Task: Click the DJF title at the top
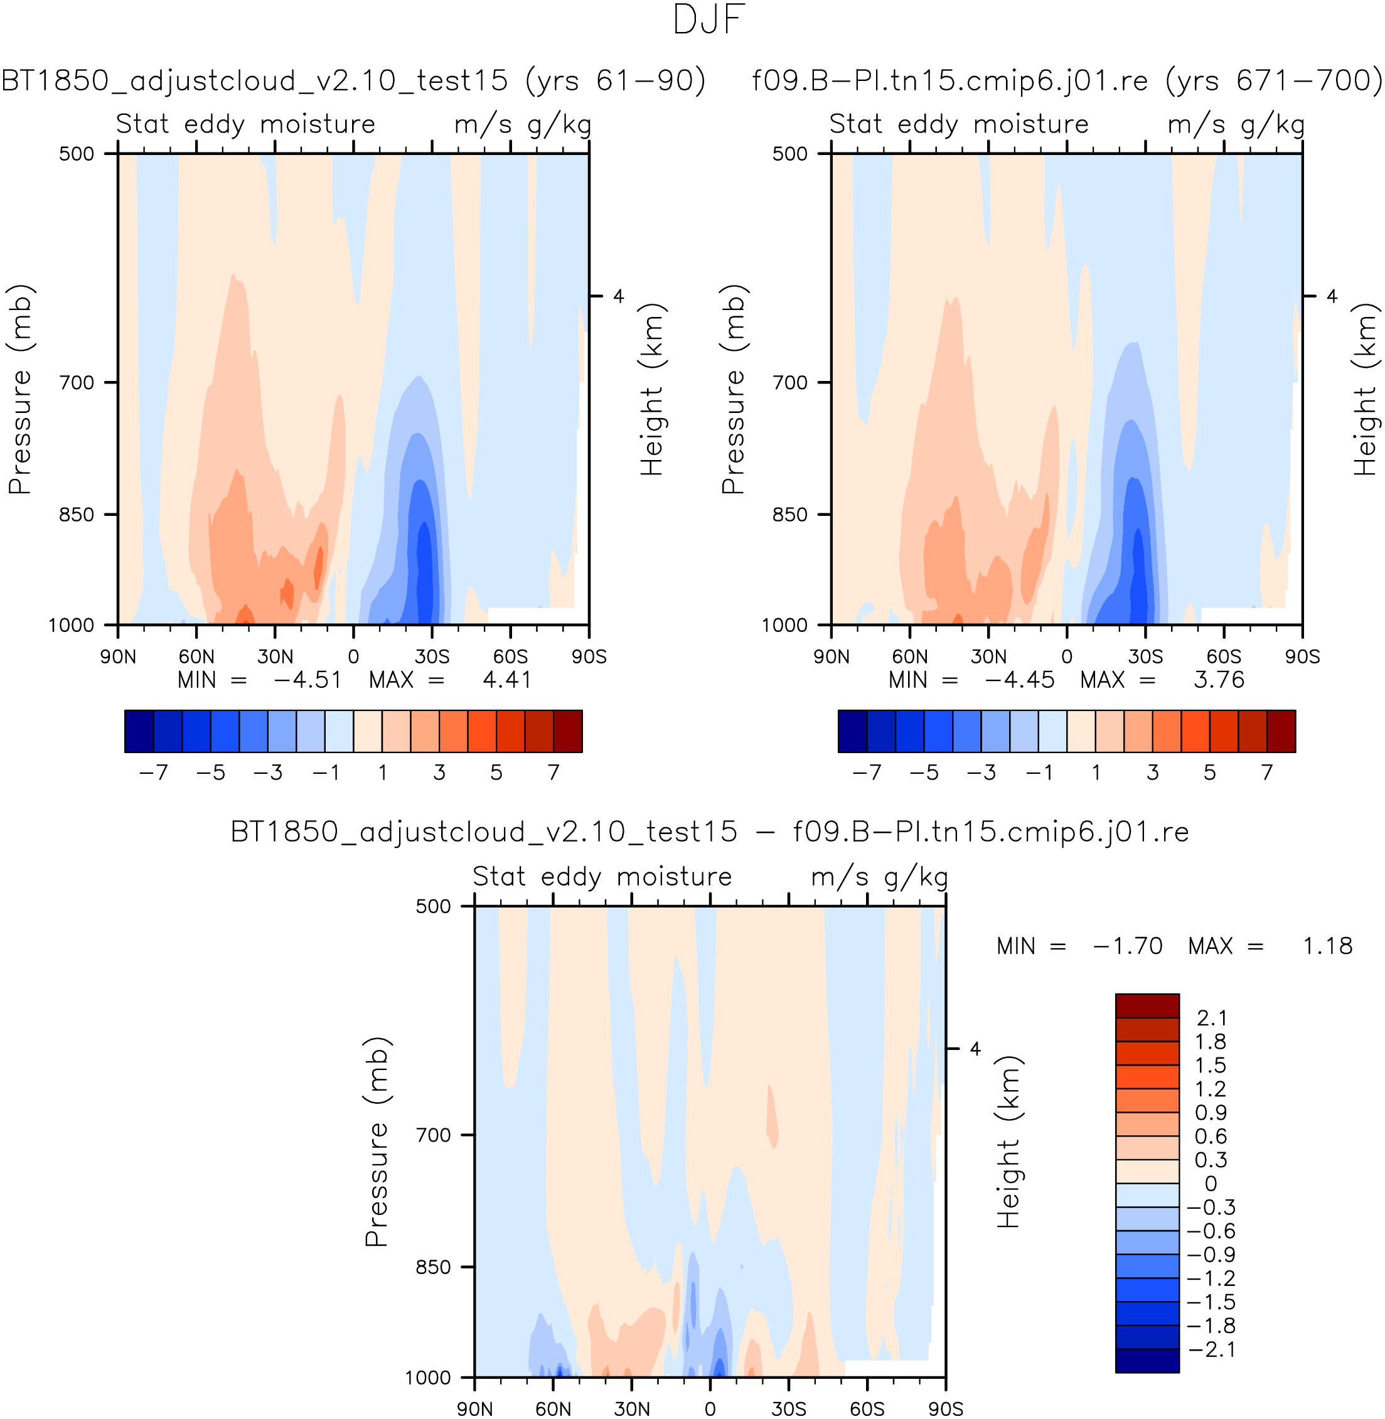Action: pos(709,20)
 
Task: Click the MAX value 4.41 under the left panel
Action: pos(507,680)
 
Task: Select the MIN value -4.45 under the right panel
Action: pos(1019,680)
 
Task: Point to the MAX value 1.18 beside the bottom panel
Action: pos(1327,946)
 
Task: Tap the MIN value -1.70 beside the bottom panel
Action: pos(1128,946)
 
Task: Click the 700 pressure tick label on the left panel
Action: pos(77,383)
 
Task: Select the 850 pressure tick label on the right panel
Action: pos(790,515)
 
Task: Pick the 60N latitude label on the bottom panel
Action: pos(553,1409)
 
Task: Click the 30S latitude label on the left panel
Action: pos(432,656)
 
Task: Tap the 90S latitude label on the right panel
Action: pos(1302,656)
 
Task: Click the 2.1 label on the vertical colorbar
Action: pos(1211,1018)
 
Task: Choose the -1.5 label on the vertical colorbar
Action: pos(1211,1302)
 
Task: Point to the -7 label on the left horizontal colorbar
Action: pos(154,773)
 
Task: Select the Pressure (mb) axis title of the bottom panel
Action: pos(377,1142)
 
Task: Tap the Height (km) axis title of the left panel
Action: pos(652,390)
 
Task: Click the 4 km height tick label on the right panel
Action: pos(1332,297)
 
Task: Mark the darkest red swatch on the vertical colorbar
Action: pos(1147,1006)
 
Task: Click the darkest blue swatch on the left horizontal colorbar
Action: pos(139,731)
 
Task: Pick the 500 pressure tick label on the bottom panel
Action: pos(434,906)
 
